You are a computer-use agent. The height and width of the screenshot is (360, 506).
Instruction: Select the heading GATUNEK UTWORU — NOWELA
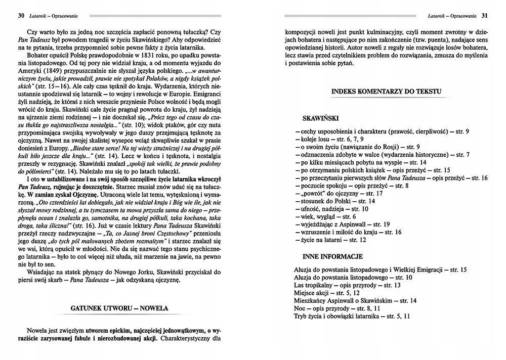[x=119, y=308]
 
